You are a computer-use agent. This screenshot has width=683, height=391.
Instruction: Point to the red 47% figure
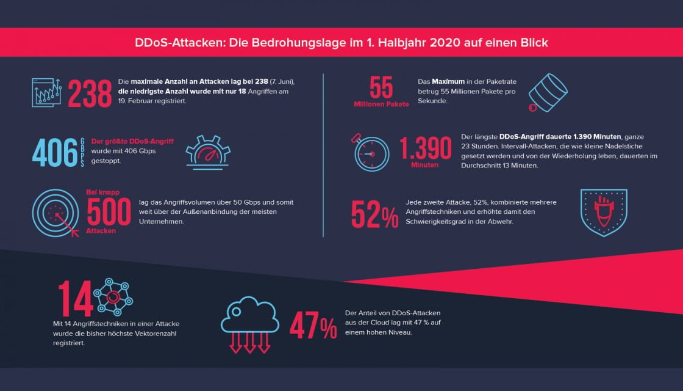(313, 326)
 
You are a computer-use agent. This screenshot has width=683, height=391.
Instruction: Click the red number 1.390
(425, 150)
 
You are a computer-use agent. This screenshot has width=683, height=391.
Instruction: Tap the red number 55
(381, 87)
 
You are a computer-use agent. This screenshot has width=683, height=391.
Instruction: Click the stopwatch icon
(371, 152)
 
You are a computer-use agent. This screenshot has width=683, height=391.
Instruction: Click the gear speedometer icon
(207, 153)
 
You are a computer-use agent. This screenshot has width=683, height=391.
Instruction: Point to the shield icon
(603, 213)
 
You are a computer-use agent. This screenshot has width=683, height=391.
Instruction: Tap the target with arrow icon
(55, 212)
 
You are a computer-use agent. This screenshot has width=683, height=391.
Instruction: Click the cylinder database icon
(548, 92)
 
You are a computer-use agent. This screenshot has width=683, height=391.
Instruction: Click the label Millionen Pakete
(381, 104)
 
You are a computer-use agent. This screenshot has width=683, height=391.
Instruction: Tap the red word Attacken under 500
(101, 231)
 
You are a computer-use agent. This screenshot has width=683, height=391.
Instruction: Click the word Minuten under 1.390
(424, 166)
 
